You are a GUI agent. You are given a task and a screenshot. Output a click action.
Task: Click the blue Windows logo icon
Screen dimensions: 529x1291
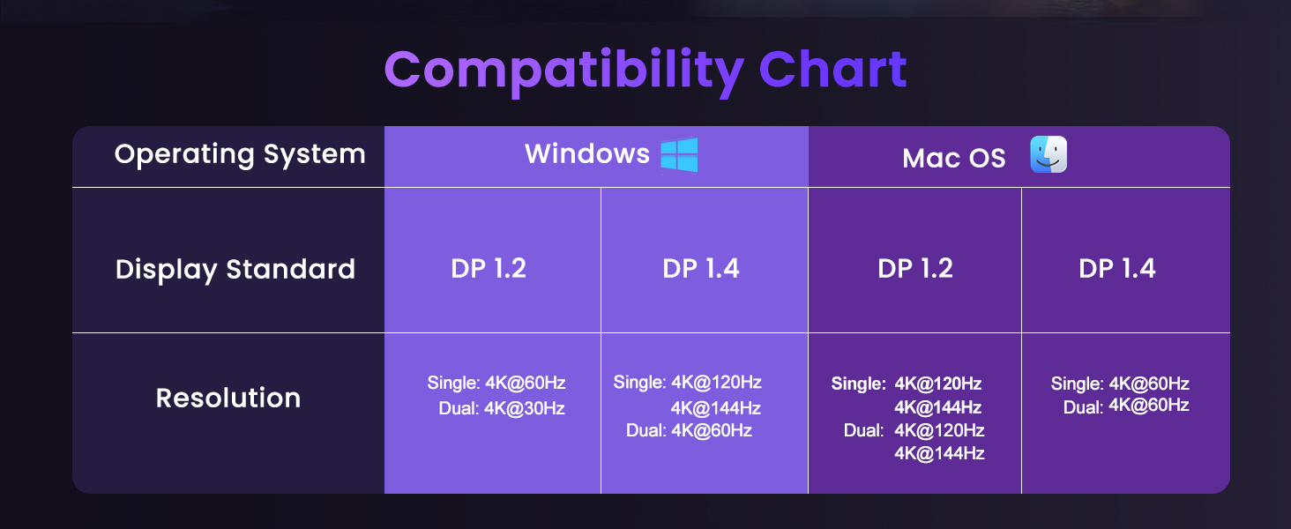click(679, 155)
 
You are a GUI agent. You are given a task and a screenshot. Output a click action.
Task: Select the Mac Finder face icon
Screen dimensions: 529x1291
click(1048, 155)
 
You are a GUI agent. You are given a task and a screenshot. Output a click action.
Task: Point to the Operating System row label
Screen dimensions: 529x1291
click(240, 154)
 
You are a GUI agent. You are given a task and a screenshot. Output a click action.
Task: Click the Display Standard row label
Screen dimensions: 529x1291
click(235, 269)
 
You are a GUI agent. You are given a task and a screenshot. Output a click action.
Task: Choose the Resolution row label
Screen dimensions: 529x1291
click(228, 398)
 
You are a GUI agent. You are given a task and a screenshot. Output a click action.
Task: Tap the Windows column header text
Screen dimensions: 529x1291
click(587, 154)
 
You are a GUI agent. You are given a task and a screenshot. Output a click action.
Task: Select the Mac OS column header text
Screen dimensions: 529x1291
click(953, 159)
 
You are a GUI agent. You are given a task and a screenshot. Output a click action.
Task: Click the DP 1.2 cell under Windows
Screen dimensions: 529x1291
click(489, 269)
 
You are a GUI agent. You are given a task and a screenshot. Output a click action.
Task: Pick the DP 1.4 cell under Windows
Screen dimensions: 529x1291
click(701, 269)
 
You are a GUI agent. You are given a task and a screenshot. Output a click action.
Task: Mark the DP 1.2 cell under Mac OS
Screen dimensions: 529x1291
click(915, 269)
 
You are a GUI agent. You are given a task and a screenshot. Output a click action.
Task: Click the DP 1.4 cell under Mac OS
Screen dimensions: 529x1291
click(1117, 269)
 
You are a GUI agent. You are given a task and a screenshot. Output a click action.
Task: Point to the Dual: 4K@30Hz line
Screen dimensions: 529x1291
click(502, 409)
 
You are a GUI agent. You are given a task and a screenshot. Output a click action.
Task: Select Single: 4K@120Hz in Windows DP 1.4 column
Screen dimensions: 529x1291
click(687, 383)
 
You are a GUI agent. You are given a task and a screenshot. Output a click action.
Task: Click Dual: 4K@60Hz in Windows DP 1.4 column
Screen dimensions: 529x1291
click(689, 430)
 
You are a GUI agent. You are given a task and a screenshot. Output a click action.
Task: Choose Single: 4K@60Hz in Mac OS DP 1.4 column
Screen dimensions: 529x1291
click(1120, 384)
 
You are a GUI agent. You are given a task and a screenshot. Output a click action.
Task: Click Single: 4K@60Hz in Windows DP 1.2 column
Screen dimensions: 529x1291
click(496, 384)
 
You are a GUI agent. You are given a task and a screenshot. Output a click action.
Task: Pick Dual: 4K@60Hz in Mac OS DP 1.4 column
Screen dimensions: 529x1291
click(1126, 406)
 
